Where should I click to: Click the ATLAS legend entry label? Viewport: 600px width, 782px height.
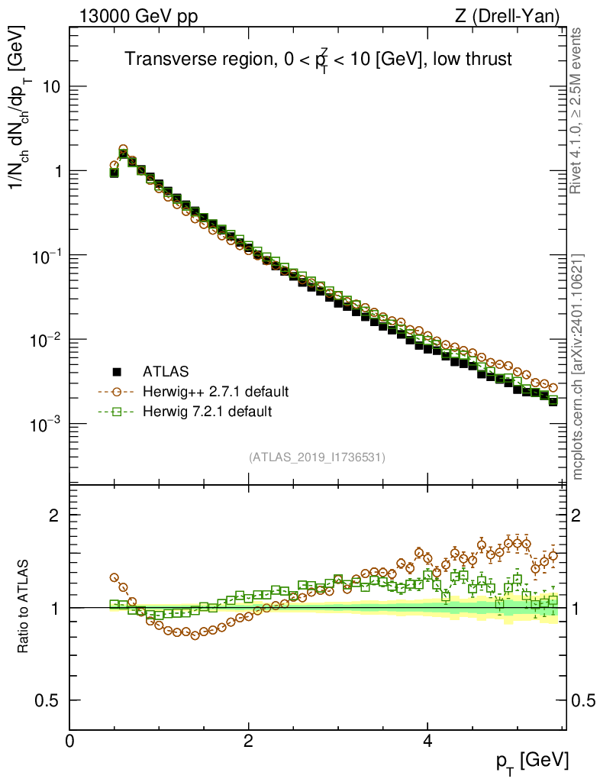tap(163, 373)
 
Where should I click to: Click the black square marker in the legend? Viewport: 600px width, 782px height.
tap(117, 373)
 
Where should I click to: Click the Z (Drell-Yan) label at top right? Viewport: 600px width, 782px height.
tap(515, 15)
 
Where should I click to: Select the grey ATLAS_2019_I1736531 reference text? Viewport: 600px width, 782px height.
tap(317, 457)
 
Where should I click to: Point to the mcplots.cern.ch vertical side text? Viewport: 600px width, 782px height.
tap(578, 367)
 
